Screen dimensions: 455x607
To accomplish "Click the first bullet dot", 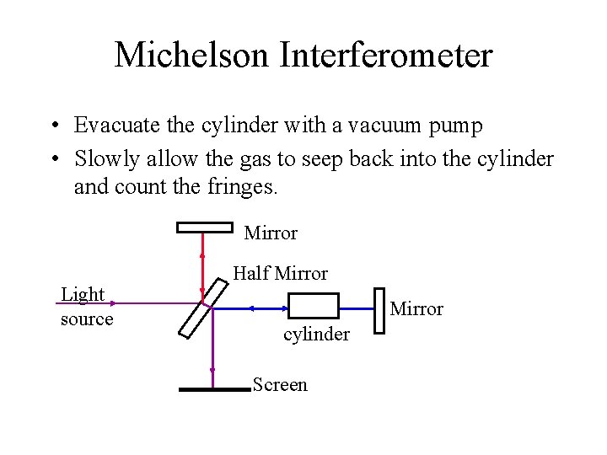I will pyautogui.click(x=53, y=127).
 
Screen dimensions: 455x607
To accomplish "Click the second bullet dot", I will pyautogui.click(x=53, y=158).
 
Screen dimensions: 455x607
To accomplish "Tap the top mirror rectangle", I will pyautogui.click(x=204, y=226).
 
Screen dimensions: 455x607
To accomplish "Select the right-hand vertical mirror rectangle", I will pyautogui.click(x=379, y=308).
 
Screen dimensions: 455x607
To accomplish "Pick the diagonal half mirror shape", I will pyautogui.click(x=203, y=308).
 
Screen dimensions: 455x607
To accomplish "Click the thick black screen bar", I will pyautogui.click(x=214, y=389).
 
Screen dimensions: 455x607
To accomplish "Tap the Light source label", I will pyautogui.click(x=86, y=307).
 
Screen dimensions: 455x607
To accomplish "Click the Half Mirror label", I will pyautogui.click(x=280, y=273).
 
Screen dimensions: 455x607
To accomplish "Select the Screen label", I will pyautogui.click(x=280, y=385).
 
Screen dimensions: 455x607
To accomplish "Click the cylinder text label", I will pyautogui.click(x=316, y=335).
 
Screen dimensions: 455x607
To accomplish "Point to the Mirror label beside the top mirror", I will pyautogui.click(x=271, y=232).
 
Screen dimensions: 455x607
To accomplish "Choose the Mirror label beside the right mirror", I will pyautogui.click(x=416, y=309).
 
